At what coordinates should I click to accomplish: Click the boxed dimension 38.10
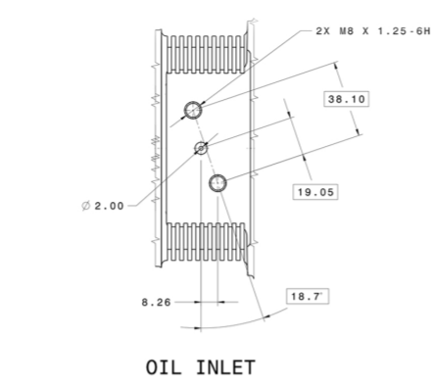347,99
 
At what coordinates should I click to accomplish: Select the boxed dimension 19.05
316,192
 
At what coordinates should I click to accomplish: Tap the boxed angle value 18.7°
308,297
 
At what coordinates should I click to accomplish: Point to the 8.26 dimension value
156,303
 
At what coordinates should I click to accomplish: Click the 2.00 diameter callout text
109,206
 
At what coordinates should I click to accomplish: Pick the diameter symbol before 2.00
86,206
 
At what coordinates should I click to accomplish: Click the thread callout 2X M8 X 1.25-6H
373,31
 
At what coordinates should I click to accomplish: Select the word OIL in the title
163,367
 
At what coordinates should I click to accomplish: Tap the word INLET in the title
225,367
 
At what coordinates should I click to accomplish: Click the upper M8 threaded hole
193,110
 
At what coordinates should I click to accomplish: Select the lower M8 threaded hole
218,183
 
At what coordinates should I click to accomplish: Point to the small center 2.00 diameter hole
201,149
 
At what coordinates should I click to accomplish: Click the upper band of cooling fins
206,54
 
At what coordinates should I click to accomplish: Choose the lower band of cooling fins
206,242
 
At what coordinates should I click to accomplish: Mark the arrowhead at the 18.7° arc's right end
267,316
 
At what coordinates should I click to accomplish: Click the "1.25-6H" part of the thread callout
404,31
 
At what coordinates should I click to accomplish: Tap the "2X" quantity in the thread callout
323,31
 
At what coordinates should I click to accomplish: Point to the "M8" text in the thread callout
347,31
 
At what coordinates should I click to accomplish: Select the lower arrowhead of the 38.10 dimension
359,130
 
